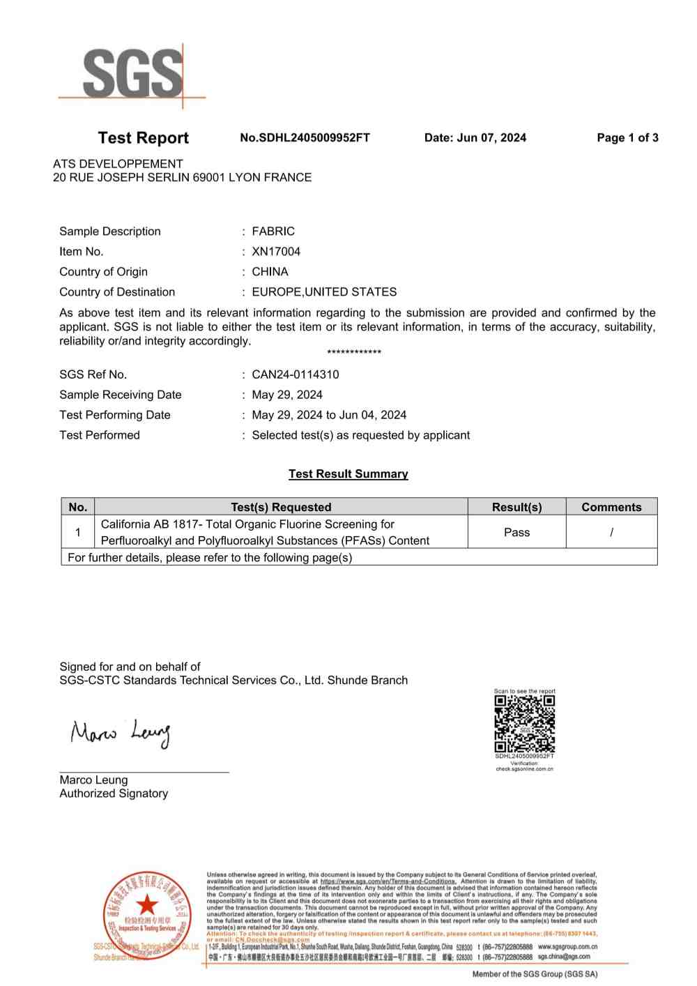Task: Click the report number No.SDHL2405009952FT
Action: [x=305, y=138]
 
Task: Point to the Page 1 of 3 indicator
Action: [x=627, y=138]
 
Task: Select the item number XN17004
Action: [x=276, y=252]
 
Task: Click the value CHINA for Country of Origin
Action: [x=270, y=272]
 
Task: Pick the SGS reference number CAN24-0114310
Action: [x=296, y=374]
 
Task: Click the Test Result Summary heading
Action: [x=348, y=474]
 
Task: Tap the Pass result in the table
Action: [x=516, y=532]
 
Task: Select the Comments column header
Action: [x=611, y=507]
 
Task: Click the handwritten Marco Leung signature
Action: [x=121, y=734]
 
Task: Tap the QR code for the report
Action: [x=525, y=723]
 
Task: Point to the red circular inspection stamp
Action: [x=147, y=914]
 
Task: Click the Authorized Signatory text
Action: [x=114, y=794]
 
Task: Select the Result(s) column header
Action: [x=516, y=507]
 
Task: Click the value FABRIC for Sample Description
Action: [x=273, y=232]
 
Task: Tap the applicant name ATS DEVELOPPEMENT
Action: [x=118, y=164]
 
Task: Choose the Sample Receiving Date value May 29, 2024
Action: [x=287, y=395]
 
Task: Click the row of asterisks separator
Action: [x=354, y=353]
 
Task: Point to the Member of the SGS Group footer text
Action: [x=535, y=974]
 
